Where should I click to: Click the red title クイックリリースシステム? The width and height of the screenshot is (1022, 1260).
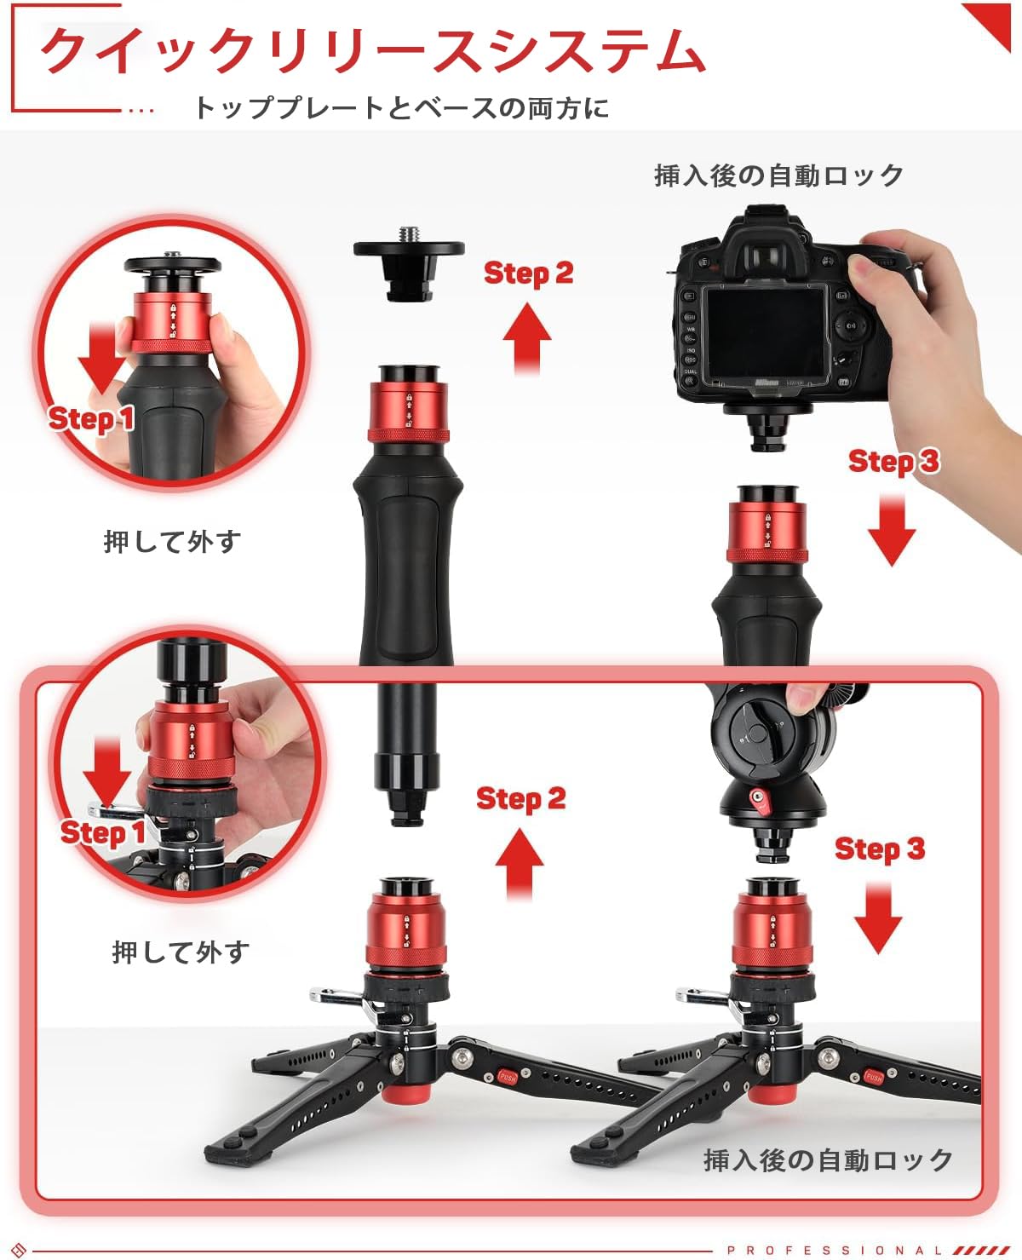(373, 51)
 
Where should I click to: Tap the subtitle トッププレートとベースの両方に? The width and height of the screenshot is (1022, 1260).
(401, 108)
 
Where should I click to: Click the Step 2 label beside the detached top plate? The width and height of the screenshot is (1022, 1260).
(528, 273)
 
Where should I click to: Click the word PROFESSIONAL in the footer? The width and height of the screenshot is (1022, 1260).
(835, 1251)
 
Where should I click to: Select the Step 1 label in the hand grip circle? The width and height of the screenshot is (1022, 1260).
(91, 419)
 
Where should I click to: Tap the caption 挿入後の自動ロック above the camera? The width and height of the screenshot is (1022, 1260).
(778, 175)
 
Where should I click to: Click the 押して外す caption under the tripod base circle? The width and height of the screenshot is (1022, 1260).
(181, 952)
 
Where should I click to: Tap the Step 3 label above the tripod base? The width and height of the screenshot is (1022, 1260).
(879, 849)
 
